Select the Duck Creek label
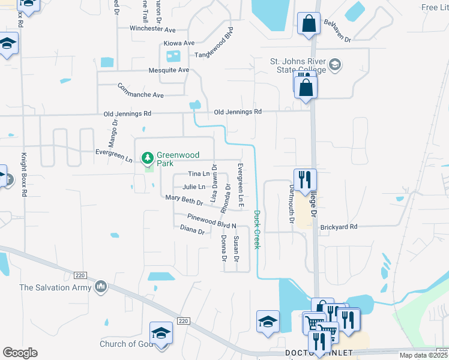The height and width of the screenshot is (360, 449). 257,229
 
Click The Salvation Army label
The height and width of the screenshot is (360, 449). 55,287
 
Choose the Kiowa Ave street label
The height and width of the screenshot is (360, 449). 179,43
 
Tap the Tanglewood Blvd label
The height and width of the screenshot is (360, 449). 213,55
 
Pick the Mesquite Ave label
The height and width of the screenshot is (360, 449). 169,70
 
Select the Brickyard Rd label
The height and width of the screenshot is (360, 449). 339,227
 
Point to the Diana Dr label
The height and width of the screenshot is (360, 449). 193,229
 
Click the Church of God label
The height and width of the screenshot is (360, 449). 126,344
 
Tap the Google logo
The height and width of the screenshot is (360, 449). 20,353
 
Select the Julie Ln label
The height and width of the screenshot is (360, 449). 194,187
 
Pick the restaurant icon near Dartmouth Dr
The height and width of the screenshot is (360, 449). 305,178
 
